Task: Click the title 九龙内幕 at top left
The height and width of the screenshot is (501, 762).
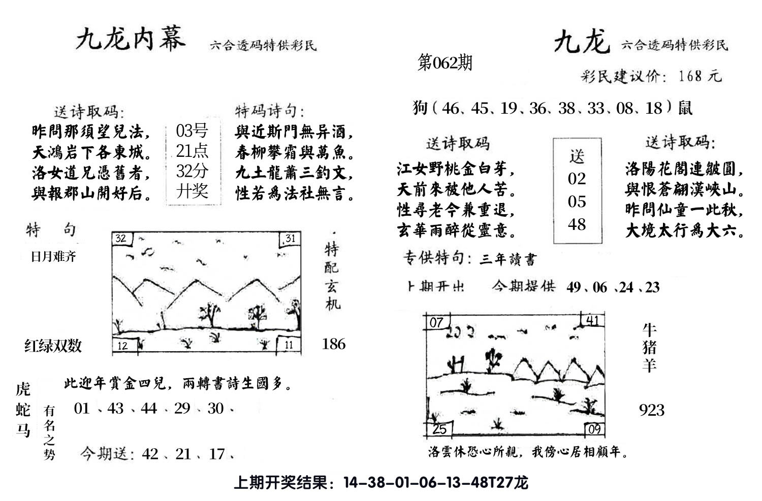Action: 131,40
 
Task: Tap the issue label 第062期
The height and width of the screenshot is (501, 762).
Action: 444,63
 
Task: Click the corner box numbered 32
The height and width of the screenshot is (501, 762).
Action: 121,239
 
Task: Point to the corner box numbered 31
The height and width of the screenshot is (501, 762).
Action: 290,239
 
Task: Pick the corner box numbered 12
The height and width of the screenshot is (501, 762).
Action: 123,346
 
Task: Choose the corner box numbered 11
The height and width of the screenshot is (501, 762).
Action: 289,345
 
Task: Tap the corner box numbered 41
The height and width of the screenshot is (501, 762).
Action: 592,321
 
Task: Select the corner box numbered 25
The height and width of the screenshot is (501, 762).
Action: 438,429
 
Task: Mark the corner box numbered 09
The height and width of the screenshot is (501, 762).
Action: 594,430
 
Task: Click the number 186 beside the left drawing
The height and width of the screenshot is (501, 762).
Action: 333,344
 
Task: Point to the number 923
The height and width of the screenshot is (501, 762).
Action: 652,410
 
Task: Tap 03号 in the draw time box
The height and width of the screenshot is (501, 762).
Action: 192,131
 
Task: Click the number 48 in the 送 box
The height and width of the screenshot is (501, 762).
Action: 577,224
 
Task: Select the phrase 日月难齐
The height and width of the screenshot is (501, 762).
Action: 53,257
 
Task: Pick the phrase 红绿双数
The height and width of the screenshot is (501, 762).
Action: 53,346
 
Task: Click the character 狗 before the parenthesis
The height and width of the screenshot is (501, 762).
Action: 420,108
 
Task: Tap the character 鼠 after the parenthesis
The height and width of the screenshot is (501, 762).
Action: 685,108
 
